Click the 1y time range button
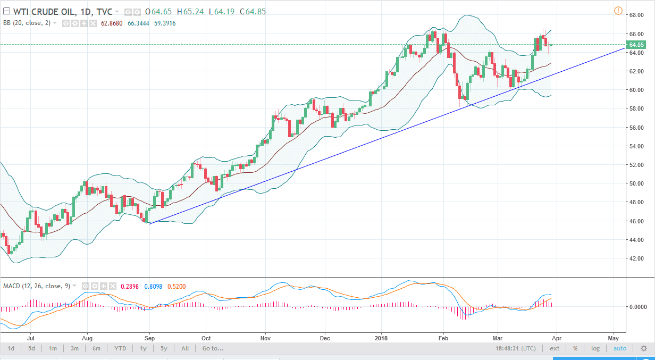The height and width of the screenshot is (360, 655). pyautogui.click(x=143, y=349)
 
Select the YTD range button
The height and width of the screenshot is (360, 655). pyautogui.click(x=120, y=349)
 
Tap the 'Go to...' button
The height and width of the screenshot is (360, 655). pyautogui.click(x=213, y=349)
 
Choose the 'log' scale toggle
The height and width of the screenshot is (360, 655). pyautogui.click(x=595, y=349)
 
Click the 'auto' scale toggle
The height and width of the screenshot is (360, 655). pyautogui.click(x=620, y=349)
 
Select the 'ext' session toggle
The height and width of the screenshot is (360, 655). pyautogui.click(x=554, y=349)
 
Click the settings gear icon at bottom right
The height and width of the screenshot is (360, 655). pyautogui.click(x=643, y=349)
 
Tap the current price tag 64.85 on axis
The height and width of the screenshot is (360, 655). pyautogui.click(x=636, y=45)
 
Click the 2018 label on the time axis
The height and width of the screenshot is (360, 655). pyautogui.click(x=381, y=338)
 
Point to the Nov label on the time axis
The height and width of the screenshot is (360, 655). pyautogui.click(x=266, y=338)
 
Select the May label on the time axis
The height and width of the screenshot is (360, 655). pyautogui.click(x=613, y=338)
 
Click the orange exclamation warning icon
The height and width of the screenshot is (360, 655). pyautogui.click(x=618, y=11)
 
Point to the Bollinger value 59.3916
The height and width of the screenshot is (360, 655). pyautogui.click(x=164, y=23)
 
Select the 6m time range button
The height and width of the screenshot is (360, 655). pyautogui.click(x=96, y=349)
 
